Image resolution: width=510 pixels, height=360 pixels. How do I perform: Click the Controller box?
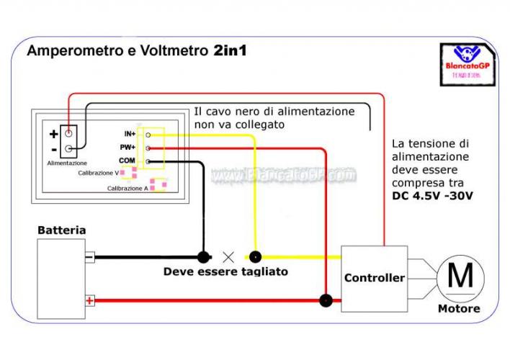(374, 278)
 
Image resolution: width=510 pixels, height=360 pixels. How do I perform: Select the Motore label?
(459, 309)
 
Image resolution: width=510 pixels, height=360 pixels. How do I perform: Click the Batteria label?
(62, 230)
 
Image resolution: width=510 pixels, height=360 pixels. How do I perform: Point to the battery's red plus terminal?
(89, 300)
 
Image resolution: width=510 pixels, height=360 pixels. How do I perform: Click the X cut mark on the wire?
(229, 256)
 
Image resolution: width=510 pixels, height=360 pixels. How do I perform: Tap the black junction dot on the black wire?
(204, 256)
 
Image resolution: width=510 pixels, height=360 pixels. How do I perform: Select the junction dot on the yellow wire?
(254, 256)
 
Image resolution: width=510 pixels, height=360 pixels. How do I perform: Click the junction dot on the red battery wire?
(326, 300)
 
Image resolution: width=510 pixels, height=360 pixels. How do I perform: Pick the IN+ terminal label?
(130, 134)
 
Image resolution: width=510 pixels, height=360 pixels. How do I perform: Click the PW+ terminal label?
(128, 148)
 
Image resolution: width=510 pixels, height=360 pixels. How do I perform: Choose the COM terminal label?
(127, 161)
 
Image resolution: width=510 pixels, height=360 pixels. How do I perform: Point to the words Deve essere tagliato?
(225, 271)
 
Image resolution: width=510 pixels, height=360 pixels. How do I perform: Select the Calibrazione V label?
(99, 174)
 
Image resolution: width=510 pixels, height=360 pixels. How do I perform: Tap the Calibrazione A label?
(127, 188)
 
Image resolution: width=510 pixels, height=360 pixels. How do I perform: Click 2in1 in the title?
(231, 52)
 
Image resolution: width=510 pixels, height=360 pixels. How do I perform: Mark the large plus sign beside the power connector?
(53, 134)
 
